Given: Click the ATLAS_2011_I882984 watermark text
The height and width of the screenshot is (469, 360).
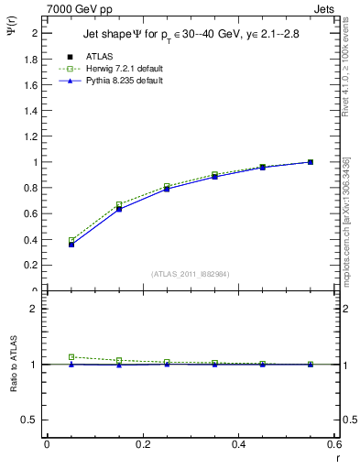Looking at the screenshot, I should point(190,273).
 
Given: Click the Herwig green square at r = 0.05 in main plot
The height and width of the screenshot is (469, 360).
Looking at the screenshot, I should point(71,240).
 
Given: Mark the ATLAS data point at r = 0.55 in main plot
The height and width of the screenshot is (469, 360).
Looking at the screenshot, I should point(311,162).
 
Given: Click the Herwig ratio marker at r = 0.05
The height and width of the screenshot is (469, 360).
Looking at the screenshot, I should point(71,357).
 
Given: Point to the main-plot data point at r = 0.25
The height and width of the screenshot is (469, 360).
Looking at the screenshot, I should point(167,188).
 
